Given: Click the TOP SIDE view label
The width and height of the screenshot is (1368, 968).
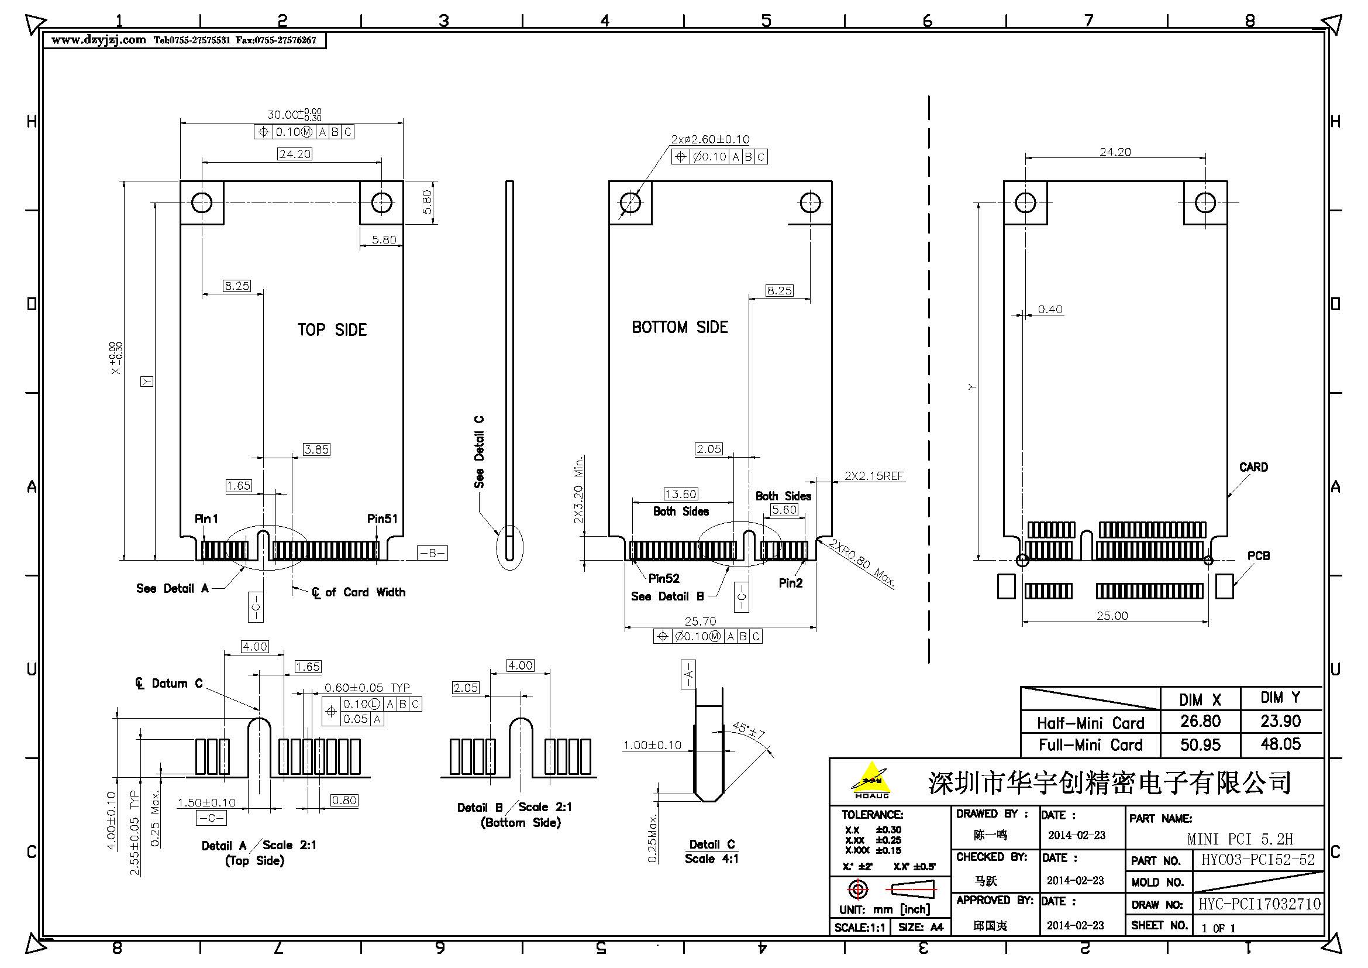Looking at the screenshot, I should point(332,329).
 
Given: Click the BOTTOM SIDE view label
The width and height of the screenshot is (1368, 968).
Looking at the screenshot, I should point(679,327).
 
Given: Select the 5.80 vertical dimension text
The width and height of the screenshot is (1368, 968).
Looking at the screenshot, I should point(427,202).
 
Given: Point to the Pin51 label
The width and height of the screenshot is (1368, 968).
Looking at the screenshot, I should point(382,519).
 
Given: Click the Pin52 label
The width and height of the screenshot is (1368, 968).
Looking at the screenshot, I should point(664,578).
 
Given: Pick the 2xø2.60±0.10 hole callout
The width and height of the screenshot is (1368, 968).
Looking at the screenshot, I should point(709,139).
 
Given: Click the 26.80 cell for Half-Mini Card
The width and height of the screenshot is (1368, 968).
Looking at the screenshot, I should point(1200,721).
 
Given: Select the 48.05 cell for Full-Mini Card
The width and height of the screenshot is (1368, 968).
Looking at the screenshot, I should point(1280,744).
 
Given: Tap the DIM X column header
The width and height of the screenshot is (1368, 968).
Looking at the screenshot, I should point(1200,700).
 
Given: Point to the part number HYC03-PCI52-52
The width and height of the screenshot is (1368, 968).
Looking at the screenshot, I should point(1257,860).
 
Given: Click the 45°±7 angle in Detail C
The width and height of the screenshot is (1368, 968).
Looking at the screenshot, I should point(748,730).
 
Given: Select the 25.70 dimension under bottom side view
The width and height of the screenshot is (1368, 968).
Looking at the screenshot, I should point(700,621).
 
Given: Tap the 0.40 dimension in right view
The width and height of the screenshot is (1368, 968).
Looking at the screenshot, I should point(1050,310).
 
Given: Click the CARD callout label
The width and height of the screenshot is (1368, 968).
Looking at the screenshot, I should point(1253,467).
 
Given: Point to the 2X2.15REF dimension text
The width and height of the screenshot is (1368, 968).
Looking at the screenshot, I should point(873,476).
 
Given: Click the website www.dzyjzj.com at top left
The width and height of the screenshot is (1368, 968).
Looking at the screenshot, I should point(98,40).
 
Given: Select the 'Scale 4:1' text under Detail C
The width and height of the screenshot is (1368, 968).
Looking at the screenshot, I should point(711,859).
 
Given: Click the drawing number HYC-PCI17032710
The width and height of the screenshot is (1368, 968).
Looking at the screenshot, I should point(1259,904).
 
